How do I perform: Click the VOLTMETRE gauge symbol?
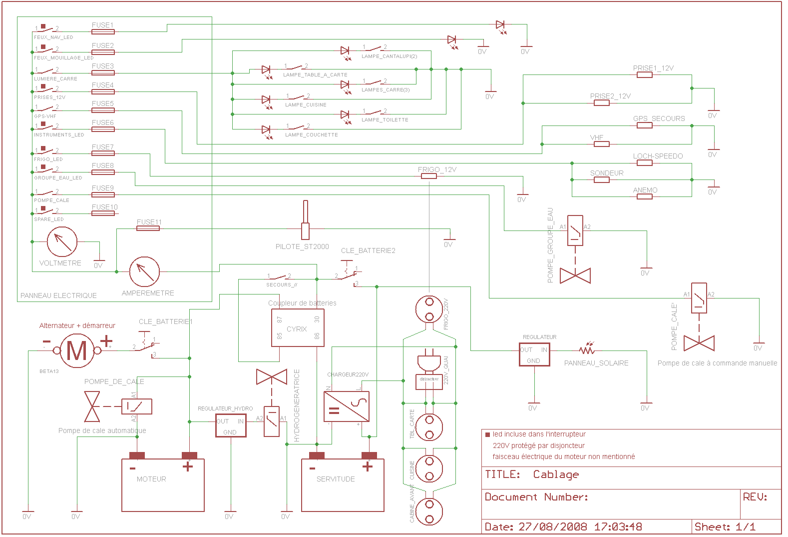click(x=62, y=242)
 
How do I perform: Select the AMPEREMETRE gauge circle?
click(x=144, y=272)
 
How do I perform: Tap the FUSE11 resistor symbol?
click(x=148, y=228)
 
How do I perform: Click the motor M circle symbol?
click(x=77, y=350)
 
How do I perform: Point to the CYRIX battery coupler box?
click(x=298, y=328)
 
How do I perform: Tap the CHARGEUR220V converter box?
click(x=347, y=406)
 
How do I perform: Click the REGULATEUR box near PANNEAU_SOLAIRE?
click(x=534, y=354)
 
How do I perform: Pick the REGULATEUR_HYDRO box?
click(x=231, y=425)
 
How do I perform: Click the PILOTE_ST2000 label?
click(x=302, y=246)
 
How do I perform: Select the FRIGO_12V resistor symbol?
click(x=428, y=176)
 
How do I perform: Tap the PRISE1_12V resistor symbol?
click(x=645, y=75)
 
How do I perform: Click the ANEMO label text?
click(x=645, y=190)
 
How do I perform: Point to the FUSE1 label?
click(x=102, y=25)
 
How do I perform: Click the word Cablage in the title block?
click(x=556, y=474)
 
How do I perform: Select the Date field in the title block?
click(x=563, y=526)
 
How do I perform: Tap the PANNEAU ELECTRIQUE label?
click(x=58, y=295)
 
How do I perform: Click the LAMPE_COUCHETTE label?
click(x=312, y=135)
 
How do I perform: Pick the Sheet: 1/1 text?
click(x=725, y=526)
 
